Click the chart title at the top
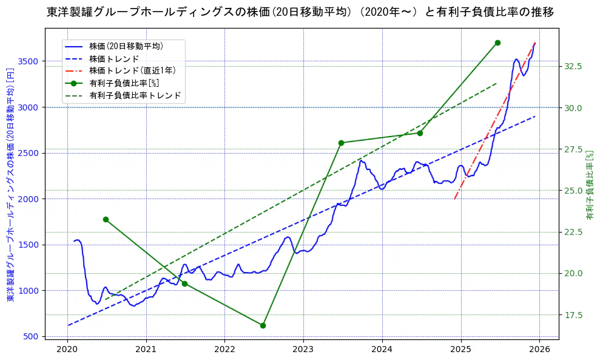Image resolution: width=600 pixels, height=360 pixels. (300, 12)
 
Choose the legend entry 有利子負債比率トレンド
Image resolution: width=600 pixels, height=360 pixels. (135, 95)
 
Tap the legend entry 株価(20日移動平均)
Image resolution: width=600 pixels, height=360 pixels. (126, 46)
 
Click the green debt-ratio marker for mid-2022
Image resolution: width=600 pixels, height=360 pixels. (263, 325)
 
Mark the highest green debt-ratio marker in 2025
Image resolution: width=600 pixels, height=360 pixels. (497, 42)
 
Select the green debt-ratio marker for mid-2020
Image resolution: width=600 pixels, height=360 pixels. (106, 219)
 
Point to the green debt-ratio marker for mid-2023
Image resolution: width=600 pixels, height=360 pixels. (341, 143)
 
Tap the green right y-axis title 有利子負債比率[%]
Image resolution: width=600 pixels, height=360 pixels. (590, 185)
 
